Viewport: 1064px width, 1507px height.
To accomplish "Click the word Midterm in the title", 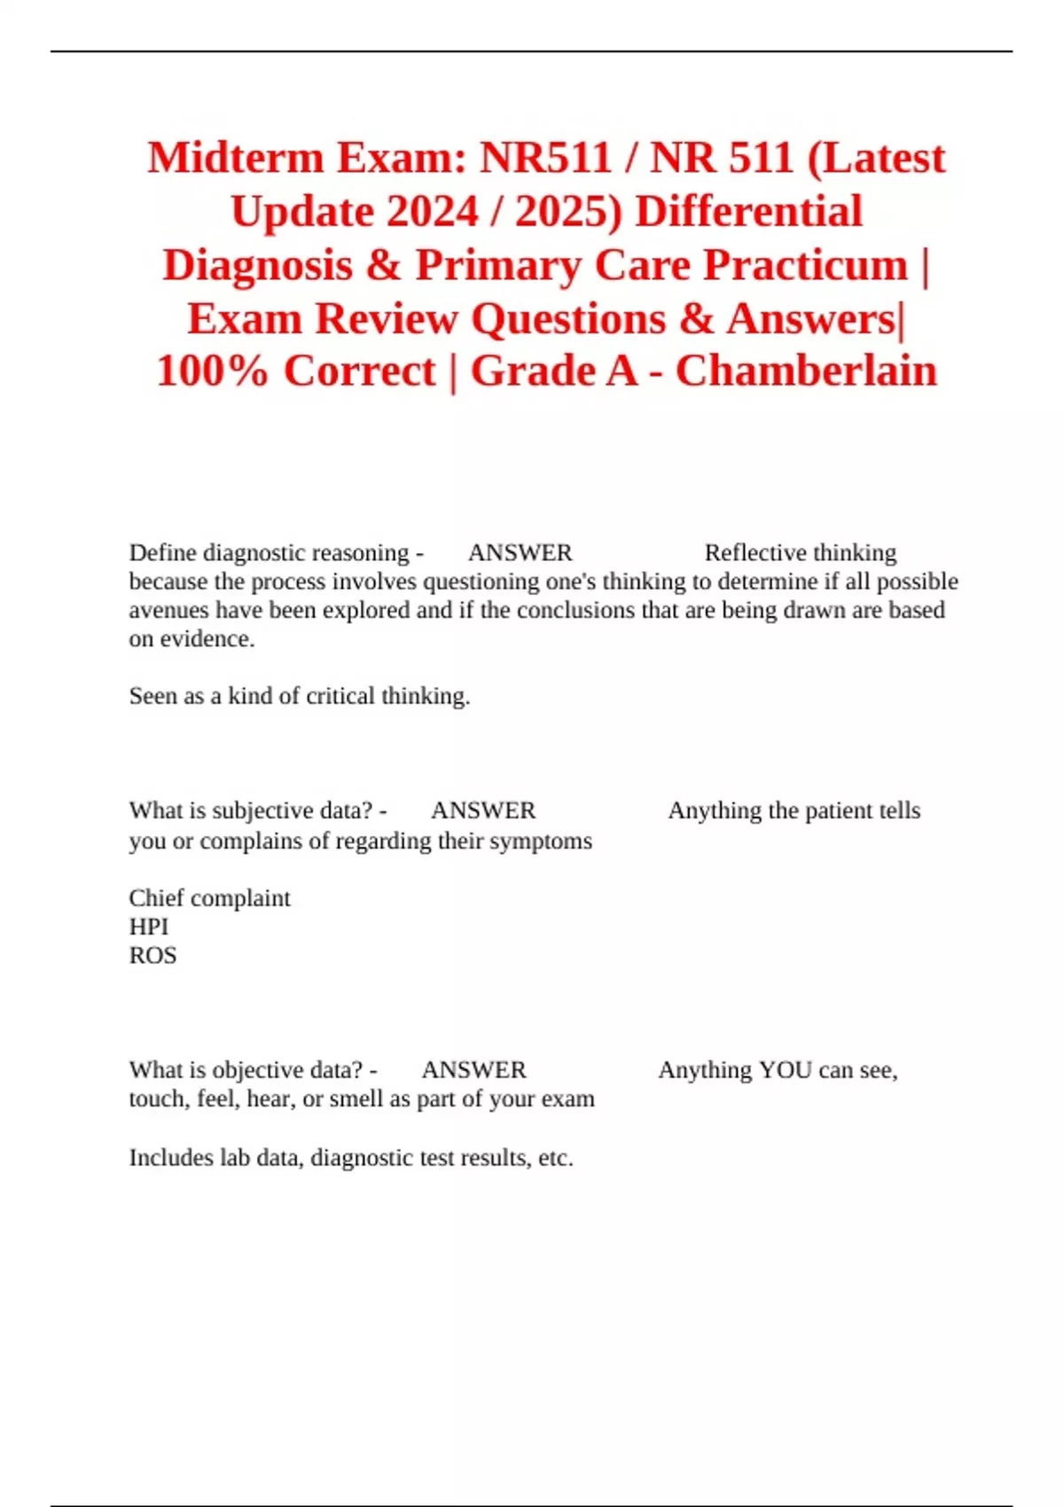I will (235, 159).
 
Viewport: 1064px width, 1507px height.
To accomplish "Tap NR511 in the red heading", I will (545, 159).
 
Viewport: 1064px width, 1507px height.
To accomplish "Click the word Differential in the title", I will (749, 212).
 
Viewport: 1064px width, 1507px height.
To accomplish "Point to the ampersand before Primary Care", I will (383, 265).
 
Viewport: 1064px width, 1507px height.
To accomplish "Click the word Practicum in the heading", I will (805, 265).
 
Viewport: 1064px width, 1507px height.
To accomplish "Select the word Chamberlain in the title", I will (806, 371).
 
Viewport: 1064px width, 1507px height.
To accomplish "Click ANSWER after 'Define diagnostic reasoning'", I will (520, 553).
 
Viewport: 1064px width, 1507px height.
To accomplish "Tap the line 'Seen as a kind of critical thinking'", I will (299, 697).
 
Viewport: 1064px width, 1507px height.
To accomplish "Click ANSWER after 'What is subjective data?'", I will (483, 811).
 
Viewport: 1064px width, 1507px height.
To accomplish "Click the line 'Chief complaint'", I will (209, 898).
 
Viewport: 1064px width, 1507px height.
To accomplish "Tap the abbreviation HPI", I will (148, 926).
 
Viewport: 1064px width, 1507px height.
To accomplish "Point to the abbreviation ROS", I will (153, 956).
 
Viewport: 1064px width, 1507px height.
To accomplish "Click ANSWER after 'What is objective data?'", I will (473, 1070).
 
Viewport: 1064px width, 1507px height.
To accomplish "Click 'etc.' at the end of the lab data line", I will (555, 1158).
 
